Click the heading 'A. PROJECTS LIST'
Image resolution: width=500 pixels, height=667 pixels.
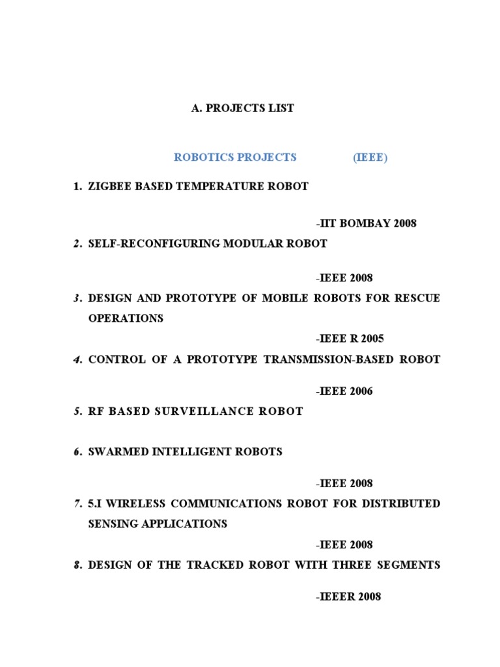242,108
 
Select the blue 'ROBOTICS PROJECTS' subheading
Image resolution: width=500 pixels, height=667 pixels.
235,157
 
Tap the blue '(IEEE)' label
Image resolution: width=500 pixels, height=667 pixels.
370,157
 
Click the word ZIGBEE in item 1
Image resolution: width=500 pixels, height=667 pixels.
108,186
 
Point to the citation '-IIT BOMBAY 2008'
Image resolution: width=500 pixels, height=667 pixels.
366,223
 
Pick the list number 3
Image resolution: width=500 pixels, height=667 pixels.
77,298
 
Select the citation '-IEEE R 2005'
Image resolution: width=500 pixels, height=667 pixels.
350,339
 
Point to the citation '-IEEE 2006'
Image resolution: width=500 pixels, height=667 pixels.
344,391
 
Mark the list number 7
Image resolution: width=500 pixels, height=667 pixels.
77,504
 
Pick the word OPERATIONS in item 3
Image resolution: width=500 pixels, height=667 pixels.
126,319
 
